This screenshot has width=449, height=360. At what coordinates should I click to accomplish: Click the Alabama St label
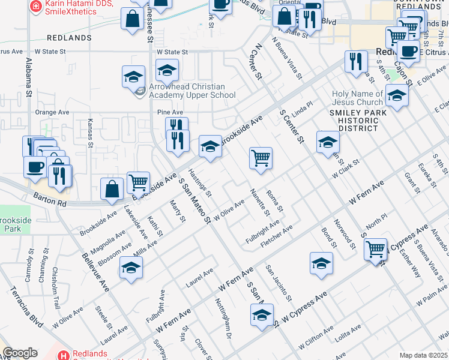28,78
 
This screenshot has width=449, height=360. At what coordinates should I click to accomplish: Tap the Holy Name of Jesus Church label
358,98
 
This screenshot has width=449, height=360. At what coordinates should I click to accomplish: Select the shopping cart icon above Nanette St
261,158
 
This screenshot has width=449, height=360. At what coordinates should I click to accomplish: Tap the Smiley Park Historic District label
354,121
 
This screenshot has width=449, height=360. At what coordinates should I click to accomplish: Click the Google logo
20,353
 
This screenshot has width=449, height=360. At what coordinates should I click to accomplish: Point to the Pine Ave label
169,112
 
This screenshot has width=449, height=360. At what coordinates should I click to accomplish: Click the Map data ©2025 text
423,355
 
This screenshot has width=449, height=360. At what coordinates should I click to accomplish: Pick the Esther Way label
411,265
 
